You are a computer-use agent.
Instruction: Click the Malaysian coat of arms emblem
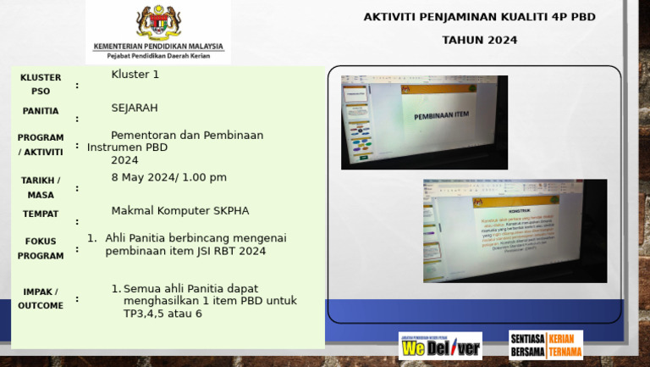coord(158,22)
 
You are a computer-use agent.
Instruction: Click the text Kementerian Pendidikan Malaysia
coord(158,47)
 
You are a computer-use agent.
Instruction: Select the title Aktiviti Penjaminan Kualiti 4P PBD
coord(479,17)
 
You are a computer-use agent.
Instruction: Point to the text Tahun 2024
coord(479,40)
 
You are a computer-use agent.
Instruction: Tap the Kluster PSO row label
coord(41,84)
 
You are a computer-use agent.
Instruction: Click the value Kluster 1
coord(135,75)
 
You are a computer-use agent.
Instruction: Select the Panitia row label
coord(41,111)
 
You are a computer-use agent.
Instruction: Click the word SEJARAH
coord(135,108)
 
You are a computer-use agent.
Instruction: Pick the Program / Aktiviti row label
coord(41,144)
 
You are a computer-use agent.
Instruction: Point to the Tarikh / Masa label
coord(41,187)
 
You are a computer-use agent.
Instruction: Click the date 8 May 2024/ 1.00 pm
coord(169,177)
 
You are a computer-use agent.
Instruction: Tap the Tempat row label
coord(41,214)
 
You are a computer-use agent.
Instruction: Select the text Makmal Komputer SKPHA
coord(180,211)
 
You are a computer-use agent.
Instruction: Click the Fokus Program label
coord(41,247)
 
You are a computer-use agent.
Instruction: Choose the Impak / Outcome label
coord(41,298)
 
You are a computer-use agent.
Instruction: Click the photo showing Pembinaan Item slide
coord(424,122)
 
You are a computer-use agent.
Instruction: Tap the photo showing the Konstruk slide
coord(515,231)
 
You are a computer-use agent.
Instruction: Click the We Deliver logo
coord(440,346)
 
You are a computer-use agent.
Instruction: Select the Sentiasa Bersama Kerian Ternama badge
coord(546,344)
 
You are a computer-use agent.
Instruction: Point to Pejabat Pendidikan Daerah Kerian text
coord(158,56)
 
